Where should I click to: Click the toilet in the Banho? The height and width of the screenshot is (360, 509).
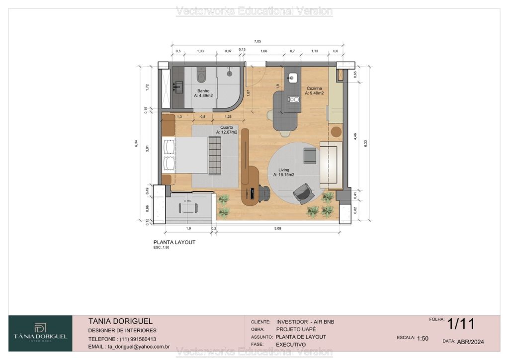pyautogui.click(x=201, y=76)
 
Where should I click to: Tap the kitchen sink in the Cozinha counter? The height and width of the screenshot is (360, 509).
pyautogui.click(x=293, y=77)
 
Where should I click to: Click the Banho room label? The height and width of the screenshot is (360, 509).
pyautogui.click(x=203, y=91)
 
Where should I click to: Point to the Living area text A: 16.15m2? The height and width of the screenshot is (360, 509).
pyautogui.click(x=283, y=175)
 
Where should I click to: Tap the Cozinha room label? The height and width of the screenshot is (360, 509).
pyautogui.click(x=315, y=88)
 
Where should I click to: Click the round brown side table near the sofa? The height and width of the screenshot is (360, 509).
pyautogui.click(x=336, y=132)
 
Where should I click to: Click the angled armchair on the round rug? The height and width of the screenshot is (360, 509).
pyautogui.click(x=303, y=193)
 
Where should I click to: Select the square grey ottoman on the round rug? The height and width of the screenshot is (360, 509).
pyautogui.click(x=309, y=156)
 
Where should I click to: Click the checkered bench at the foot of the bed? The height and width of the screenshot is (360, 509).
pyautogui.click(x=215, y=156)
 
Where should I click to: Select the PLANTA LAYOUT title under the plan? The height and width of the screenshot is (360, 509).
pyautogui.click(x=174, y=242)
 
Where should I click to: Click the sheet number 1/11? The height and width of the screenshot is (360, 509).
pyautogui.click(x=460, y=325)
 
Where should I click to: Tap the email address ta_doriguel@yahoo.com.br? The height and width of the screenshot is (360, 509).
pyautogui.click(x=129, y=347)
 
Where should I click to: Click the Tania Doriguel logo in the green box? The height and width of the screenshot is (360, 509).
pyautogui.click(x=40, y=333)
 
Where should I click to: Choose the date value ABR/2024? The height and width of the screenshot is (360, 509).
pyautogui.click(x=471, y=342)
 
